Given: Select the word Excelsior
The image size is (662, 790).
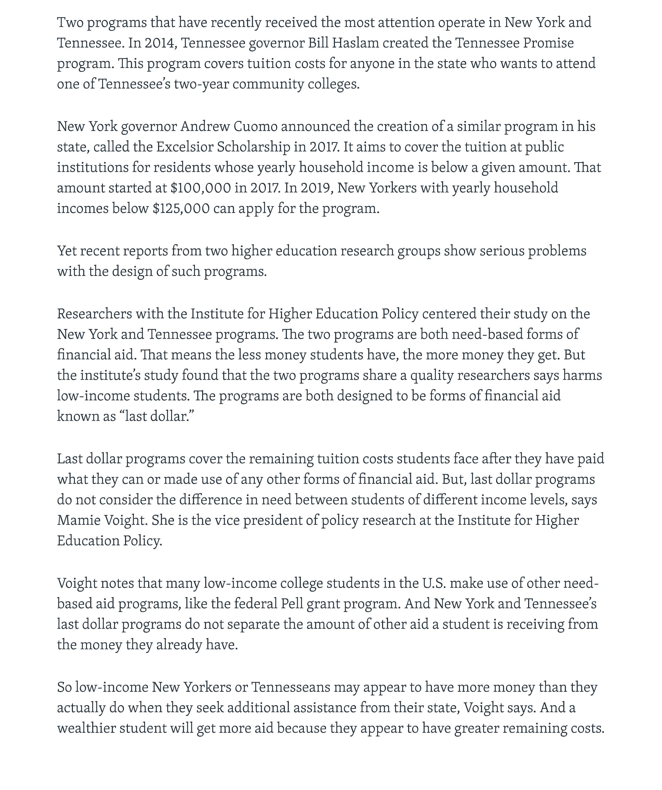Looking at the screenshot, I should point(184,147).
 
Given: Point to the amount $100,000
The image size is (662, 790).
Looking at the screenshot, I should point(200,188).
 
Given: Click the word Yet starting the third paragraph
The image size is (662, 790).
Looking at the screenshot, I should point(66,251).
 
